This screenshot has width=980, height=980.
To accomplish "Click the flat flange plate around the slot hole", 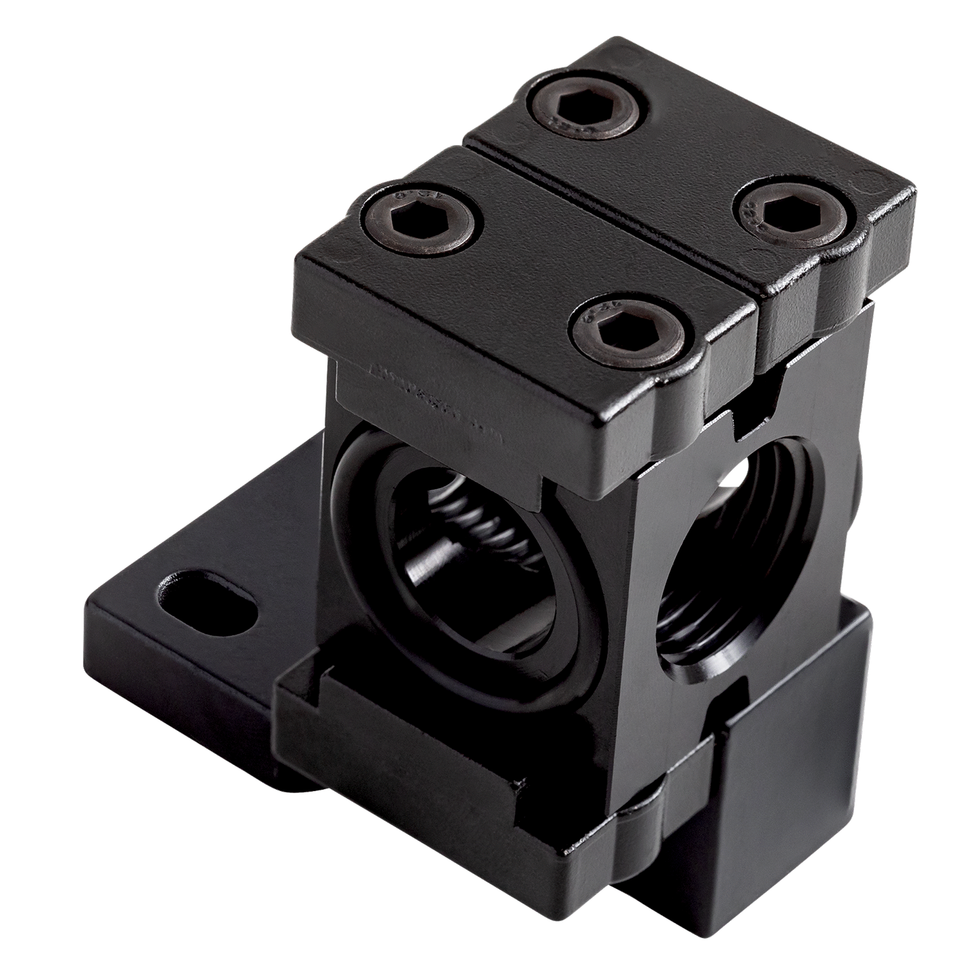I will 163,627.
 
